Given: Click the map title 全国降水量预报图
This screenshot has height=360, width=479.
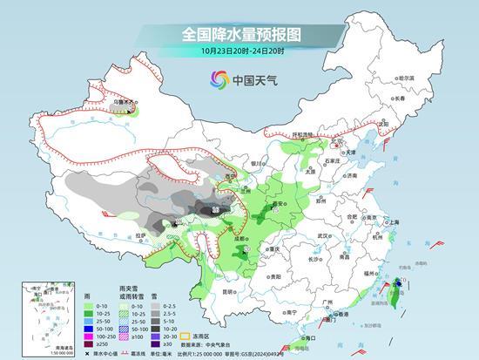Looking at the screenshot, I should point(239,36).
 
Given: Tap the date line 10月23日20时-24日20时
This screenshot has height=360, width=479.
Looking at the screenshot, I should point(239,51).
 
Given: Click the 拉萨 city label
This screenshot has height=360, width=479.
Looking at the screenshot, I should point(141,234).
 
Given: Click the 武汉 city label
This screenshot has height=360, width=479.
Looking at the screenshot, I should point(326,235).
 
